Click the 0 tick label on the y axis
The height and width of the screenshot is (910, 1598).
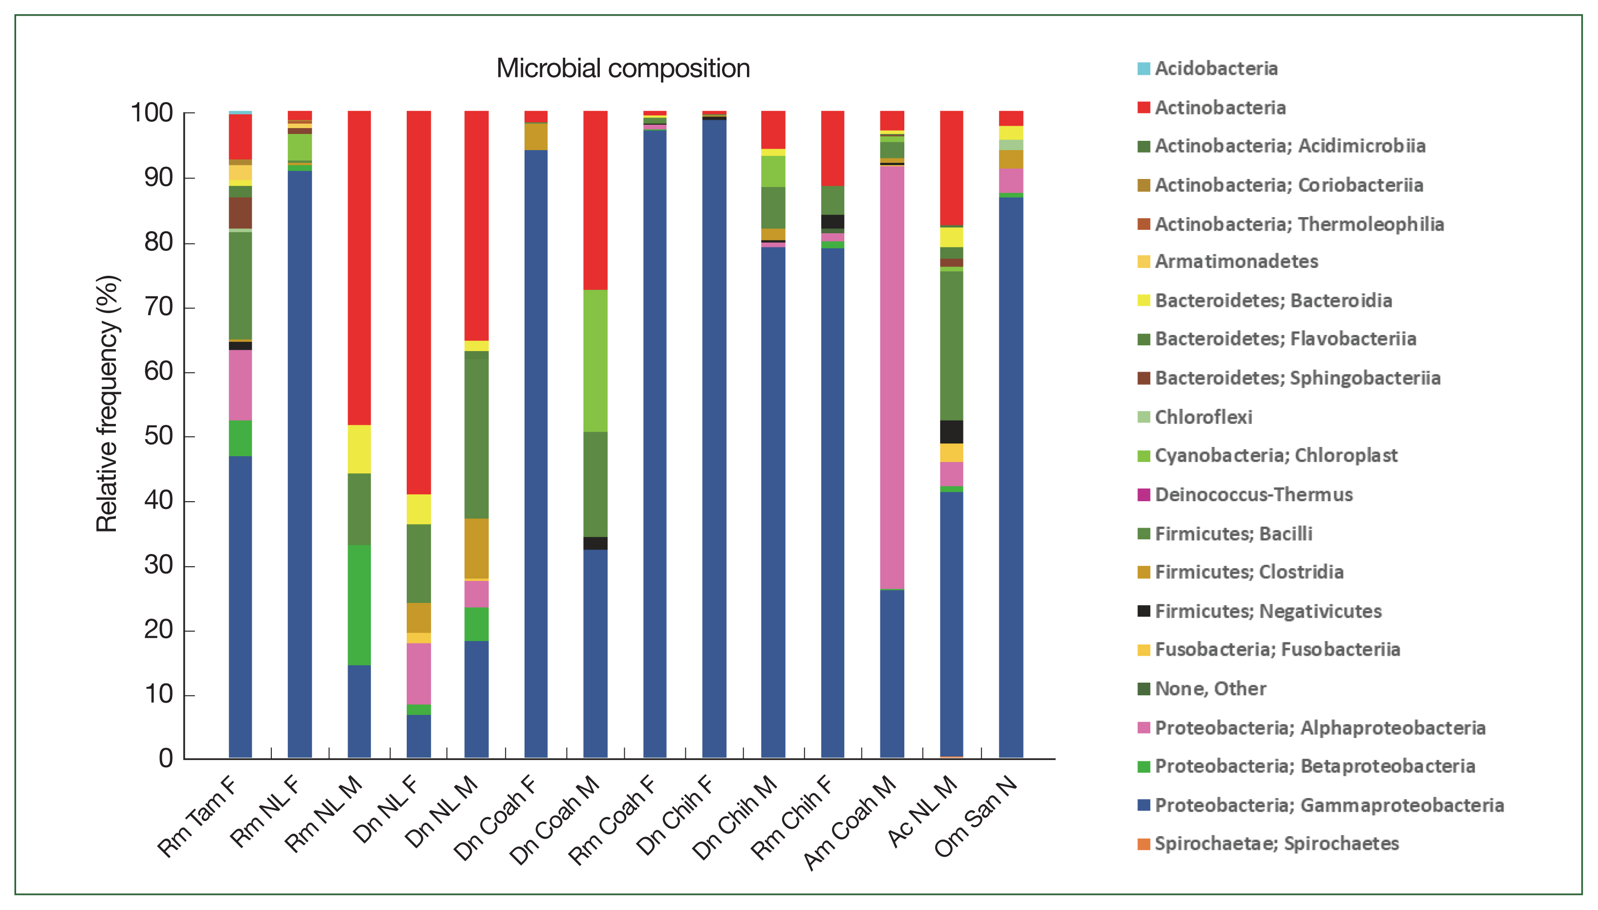(166, 758)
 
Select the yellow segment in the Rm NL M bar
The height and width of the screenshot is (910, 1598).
(359, 449)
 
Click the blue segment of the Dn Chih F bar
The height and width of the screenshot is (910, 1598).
(714, 438)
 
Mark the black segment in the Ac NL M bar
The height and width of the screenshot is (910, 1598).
(951, 432)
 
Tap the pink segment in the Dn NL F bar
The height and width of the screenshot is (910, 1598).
(418, 674)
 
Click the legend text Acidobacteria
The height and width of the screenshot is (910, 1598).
(1216, 68)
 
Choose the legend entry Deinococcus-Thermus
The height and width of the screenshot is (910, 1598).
(1253, 495)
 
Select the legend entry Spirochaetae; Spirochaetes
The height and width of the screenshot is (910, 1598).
(1276, 844)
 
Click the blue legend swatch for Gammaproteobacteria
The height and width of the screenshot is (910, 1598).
(1143, 805)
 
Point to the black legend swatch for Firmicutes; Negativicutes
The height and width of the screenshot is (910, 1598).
(1143, 611)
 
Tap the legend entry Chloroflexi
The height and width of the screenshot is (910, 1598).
(1203, 417)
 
